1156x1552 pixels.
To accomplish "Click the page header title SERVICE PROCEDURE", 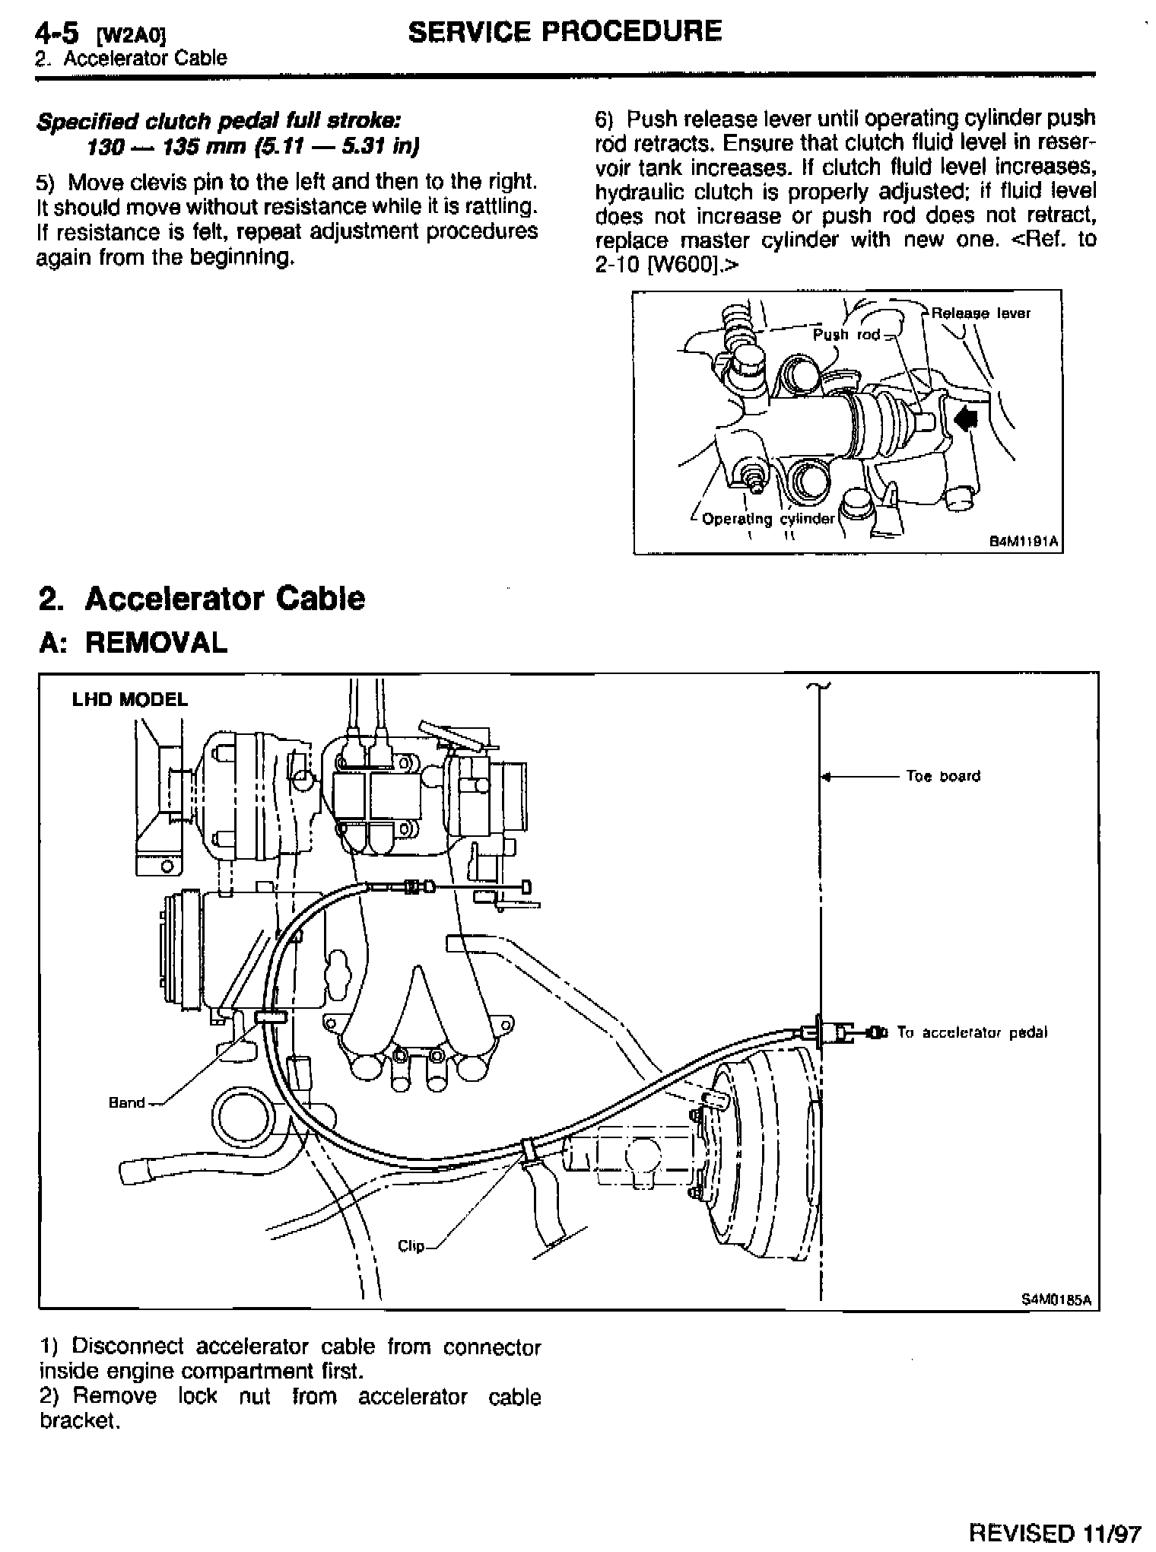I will point(564,31).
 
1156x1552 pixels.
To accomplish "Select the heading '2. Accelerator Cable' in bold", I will point(202,599).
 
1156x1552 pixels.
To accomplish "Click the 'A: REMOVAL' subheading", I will point(133,643).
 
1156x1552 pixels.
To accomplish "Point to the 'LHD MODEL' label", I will point(129,700).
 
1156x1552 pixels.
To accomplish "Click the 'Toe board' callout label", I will point(943,777).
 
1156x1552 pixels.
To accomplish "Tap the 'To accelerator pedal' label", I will point(972,1032).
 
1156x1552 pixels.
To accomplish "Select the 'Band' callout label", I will point(126,1102).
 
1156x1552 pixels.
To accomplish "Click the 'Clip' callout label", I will point(411,1246).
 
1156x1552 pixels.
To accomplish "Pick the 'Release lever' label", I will point(981,313).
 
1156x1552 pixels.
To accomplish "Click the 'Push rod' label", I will point(846,335).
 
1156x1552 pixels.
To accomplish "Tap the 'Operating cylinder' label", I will point(768,519).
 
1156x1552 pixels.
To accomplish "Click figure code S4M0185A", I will point(1056,1300).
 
